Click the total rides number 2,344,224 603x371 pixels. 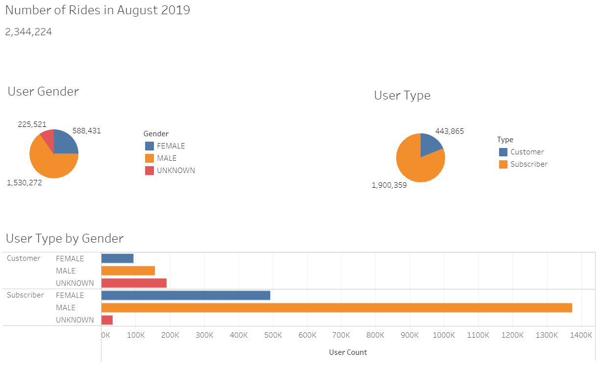click(x=28, y=32)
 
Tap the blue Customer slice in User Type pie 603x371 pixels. click(x=430, y=144)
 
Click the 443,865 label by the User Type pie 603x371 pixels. click(x=449, y=131)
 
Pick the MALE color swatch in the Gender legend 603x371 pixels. click(x=149, y=158)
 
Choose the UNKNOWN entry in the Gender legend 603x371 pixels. click(x=176, y=171)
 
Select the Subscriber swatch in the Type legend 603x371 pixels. click(x=503, y=164)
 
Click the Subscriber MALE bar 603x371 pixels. click(x=336, y=308)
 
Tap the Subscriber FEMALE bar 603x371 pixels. click(x=185, y=296)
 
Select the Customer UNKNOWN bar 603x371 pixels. click(x=134, y=283)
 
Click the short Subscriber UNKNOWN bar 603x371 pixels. click(x=107, y=320)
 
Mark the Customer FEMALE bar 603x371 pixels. click(x=117, y=259)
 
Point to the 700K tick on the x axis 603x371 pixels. click(x=341, y=335)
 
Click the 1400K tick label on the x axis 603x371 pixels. click(x=580, y=335)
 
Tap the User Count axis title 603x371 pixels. click(x=348, y=352)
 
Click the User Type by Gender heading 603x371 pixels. click(x=65, y=239)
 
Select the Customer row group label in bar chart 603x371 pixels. click(x=24, y=258)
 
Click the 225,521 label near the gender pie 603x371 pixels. click(x=32, y=124)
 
